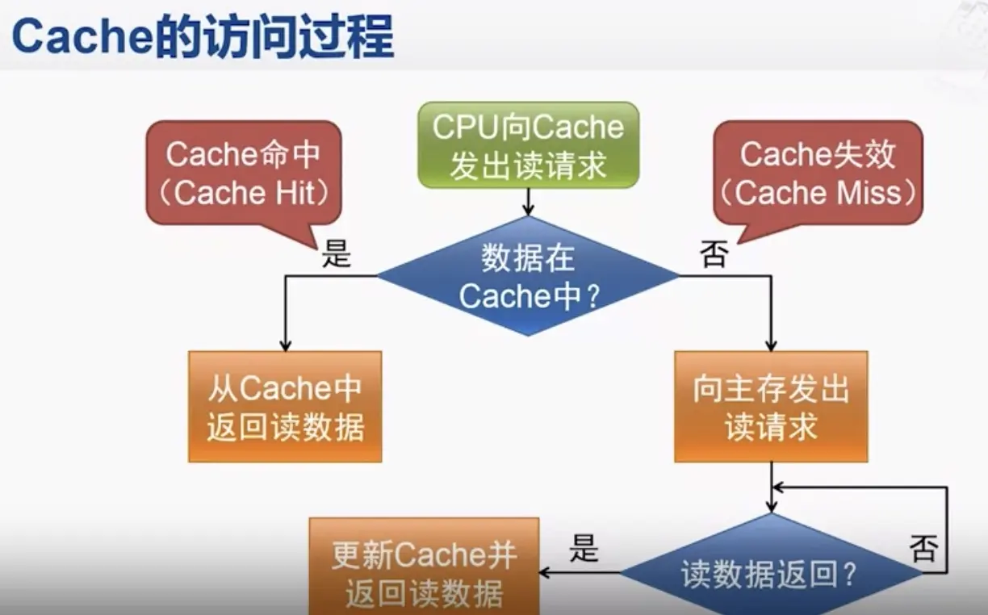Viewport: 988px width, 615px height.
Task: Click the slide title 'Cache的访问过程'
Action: tap(202, 37)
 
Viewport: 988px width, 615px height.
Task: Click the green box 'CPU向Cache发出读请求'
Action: tap(528, 146)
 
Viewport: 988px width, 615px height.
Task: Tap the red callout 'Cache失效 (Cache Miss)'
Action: tap(818, 173)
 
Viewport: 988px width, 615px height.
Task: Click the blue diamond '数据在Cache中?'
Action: tap(528, 277)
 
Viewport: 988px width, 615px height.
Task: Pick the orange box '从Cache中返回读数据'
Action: tap(285, 407)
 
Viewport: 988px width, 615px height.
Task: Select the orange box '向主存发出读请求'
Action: tap(771, 407)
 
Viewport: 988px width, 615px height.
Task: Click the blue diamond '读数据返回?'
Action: tap(771, 573)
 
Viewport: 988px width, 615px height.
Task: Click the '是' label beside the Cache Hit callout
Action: tap(337, 254)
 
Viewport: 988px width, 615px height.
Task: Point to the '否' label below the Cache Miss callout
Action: tap(714, 254)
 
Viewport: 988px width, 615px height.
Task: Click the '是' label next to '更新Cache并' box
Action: tap(584, 550)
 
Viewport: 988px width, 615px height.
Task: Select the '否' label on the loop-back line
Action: tap(923, 550)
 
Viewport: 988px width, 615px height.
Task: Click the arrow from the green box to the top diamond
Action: tap(528, 202)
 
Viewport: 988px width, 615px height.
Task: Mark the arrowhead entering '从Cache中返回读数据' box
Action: tap(285, 345)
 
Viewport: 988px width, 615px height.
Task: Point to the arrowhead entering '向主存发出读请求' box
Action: tap(771, 345)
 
